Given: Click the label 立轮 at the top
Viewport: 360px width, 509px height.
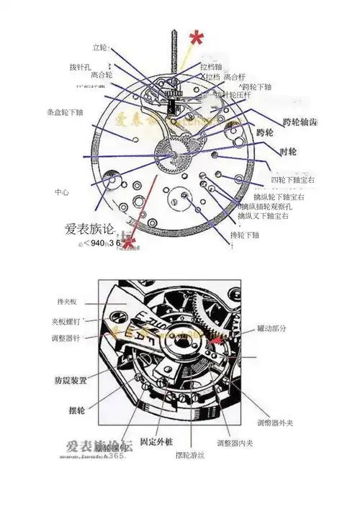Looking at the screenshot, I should [x=99, y=48].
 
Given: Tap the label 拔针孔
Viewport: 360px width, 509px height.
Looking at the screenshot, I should [x=79, y=67].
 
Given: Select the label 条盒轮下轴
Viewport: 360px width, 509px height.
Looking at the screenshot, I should [x=65, y=112].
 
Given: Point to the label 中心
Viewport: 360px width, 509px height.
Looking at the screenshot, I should [x=62, y=192].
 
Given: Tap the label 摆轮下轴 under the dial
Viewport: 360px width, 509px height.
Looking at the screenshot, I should [x=244, y=235].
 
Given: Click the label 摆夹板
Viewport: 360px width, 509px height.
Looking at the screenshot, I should [x=66, y=301].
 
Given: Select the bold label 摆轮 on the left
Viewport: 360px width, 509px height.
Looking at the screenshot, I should [x=71, y=410].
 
